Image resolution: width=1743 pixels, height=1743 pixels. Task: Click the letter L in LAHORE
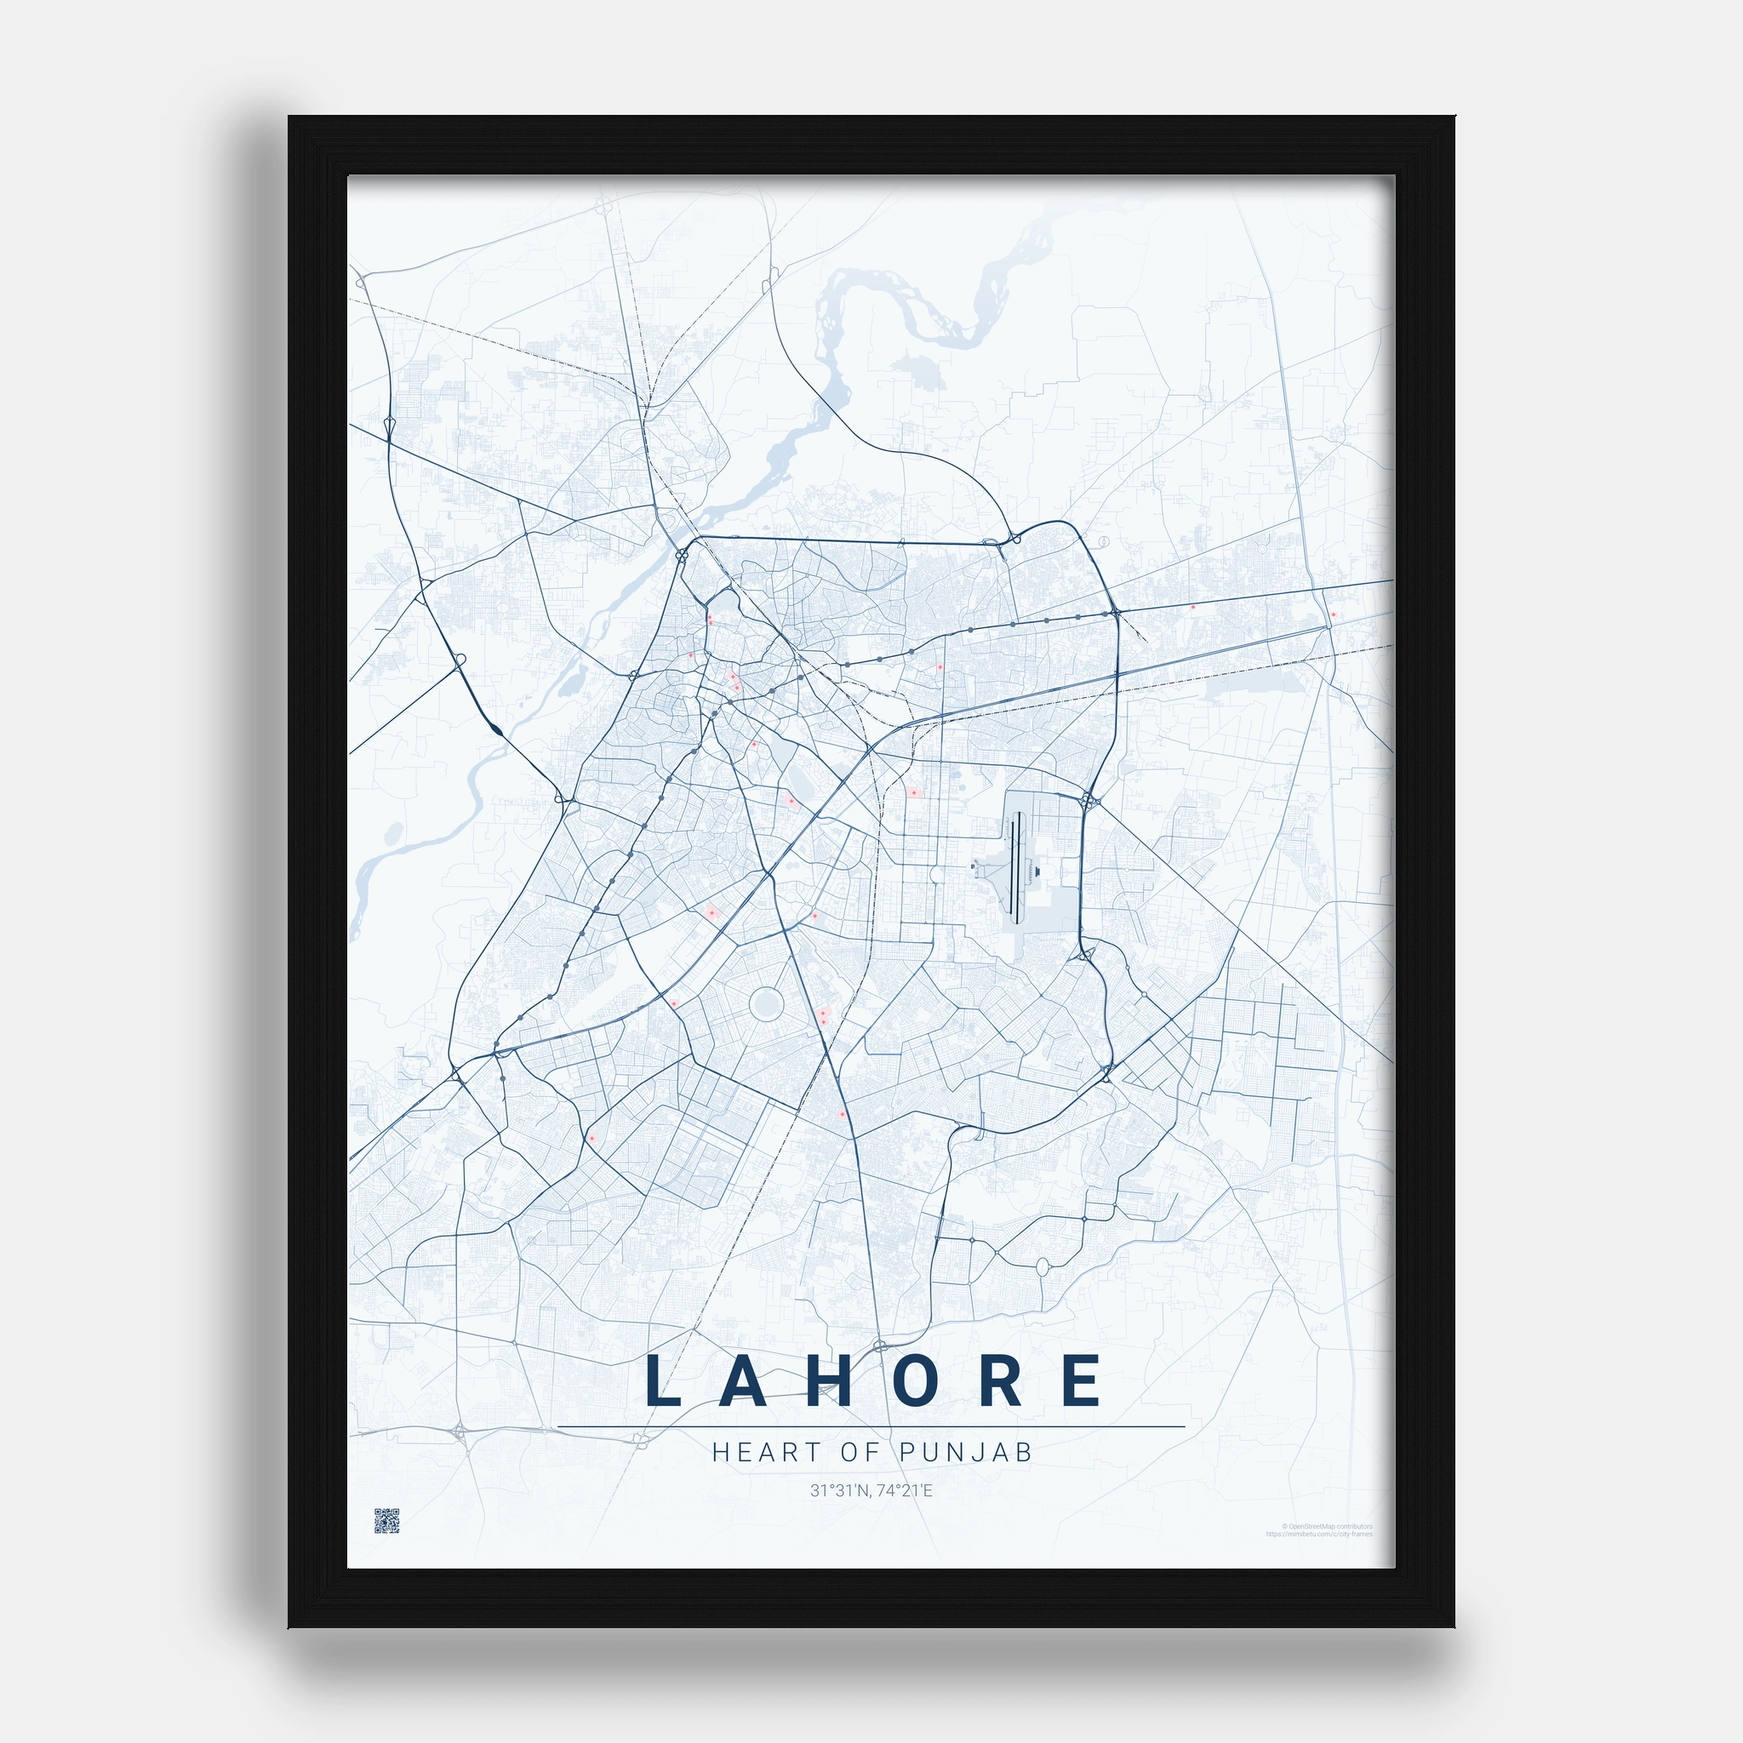662,1380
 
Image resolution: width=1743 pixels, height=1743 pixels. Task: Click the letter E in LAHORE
1081,1380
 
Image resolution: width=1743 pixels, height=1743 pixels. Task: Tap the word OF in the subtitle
860,1453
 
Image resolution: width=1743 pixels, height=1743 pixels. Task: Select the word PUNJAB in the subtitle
965,1453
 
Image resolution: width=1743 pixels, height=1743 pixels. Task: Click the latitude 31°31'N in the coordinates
839,1490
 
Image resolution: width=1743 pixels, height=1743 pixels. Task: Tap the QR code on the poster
387,1520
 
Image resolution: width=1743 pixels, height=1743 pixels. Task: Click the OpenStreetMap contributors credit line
1326,1527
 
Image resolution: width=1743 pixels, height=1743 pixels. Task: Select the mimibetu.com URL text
1319,1534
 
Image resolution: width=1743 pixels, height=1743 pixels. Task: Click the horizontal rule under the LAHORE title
871,1427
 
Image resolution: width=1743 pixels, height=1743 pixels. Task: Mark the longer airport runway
1017,867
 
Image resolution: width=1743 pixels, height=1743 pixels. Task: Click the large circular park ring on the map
766,1003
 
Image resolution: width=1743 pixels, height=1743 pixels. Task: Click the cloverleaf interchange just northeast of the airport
1089,799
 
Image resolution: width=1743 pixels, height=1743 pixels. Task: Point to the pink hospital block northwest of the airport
914,792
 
